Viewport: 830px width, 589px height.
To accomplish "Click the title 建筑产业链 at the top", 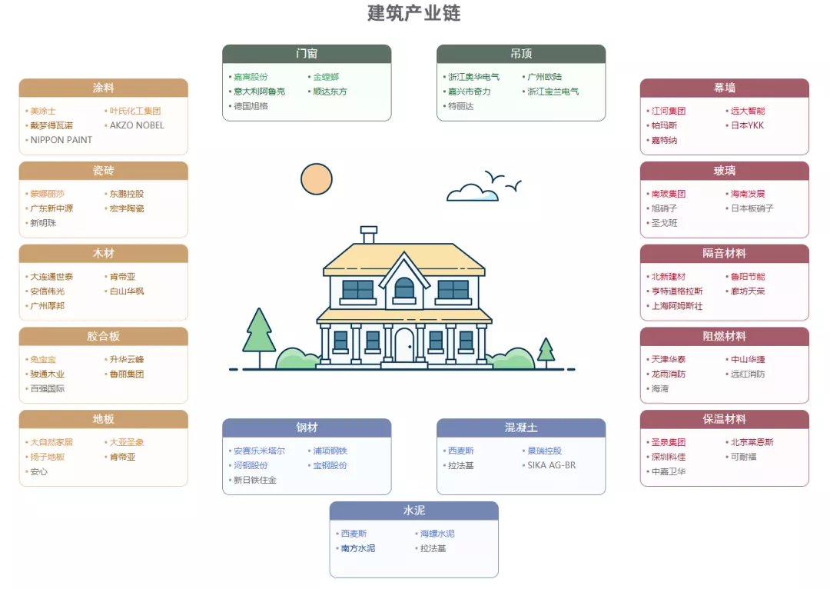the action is coord(414,13).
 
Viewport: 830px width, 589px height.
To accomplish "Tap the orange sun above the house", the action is coord(317,179).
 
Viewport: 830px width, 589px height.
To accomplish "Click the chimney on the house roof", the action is coord(369,234).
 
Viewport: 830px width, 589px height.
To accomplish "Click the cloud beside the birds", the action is coord(472,192).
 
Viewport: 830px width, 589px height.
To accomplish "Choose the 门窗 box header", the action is coord(307,54).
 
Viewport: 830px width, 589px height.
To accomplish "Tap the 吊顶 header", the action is coord(521,54).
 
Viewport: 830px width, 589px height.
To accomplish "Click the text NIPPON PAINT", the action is coord(61,140).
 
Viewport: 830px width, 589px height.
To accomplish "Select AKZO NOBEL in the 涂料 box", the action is coord(137,125).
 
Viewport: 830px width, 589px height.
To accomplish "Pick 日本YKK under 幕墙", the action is coord(748,125).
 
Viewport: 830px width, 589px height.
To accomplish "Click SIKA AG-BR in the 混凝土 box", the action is coord(552,465).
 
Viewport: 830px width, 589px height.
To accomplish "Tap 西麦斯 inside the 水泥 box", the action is coord(354,534).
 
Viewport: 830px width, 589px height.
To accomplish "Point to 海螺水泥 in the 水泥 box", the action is coord(437,534).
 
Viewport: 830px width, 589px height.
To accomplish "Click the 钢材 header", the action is coord(307,428).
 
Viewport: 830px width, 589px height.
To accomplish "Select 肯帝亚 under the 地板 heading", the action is coord(122,457).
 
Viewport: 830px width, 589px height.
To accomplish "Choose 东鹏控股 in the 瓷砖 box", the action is coord(127,194).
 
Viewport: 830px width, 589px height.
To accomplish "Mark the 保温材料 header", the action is coord(724,419).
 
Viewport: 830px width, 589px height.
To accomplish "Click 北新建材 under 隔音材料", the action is coord(668,277).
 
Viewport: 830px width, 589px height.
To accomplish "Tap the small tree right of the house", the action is coord(546,352).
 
